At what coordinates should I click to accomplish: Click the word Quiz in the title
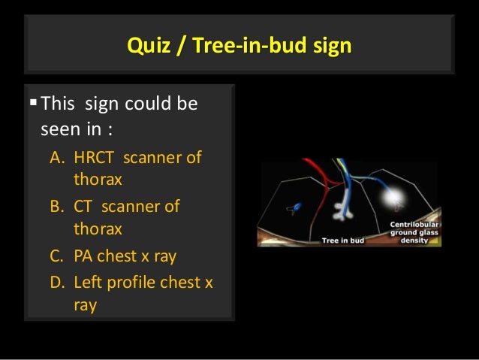[146, 47]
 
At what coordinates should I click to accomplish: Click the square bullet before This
[31, 102]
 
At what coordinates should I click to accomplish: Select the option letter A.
[57, 159]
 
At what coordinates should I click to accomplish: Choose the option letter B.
[57, 206]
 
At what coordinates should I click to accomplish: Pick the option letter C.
[57, 256]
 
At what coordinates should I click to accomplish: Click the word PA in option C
[84, 256]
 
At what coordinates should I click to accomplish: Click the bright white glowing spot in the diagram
[391, 197]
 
